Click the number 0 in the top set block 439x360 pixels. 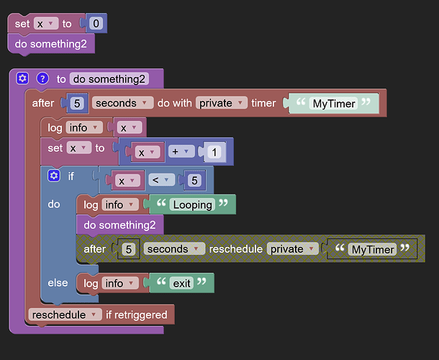pos(96,24)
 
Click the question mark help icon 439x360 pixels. pos(42,79)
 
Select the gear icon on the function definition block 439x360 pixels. pos(23,79)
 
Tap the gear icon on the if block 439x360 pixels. pos(53,176)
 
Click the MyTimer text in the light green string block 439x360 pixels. pos(334,103)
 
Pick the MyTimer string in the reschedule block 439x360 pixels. pos(371,249)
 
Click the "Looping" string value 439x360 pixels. pos(192,204)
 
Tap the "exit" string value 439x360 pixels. pos(181,283)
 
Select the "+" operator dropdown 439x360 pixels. pos(183,152)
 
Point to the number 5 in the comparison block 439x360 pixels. pos(194,180)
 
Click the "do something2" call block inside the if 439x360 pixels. pos(119,225)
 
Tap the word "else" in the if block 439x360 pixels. pos(58,283)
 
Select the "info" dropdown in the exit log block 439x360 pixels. pos(118,283)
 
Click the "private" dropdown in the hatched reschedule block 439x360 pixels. pos(291,249)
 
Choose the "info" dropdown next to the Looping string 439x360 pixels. pos(118,204)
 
